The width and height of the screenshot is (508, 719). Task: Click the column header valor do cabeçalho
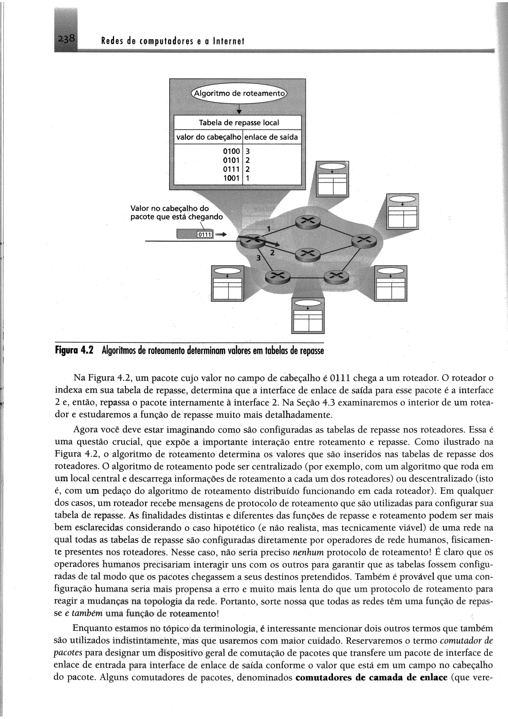209,137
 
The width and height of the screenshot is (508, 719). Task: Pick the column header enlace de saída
271,137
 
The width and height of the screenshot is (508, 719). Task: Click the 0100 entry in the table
231,151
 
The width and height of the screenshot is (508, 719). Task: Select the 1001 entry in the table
231,178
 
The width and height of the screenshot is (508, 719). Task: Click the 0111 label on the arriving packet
205,235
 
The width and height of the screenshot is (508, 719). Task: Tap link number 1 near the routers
268,229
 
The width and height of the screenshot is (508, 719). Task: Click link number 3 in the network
258,258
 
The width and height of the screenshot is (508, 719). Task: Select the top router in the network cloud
308,222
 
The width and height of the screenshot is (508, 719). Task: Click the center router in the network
308,255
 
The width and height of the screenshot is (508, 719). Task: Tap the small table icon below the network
308,315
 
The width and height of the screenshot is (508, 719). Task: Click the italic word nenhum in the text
308,552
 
